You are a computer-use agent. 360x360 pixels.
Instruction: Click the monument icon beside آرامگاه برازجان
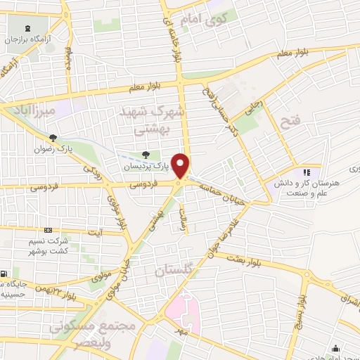[x=27, y=28]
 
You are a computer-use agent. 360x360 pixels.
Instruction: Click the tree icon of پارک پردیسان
[x=146, y=155]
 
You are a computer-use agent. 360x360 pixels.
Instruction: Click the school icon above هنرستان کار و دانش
[x=305, y=172]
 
